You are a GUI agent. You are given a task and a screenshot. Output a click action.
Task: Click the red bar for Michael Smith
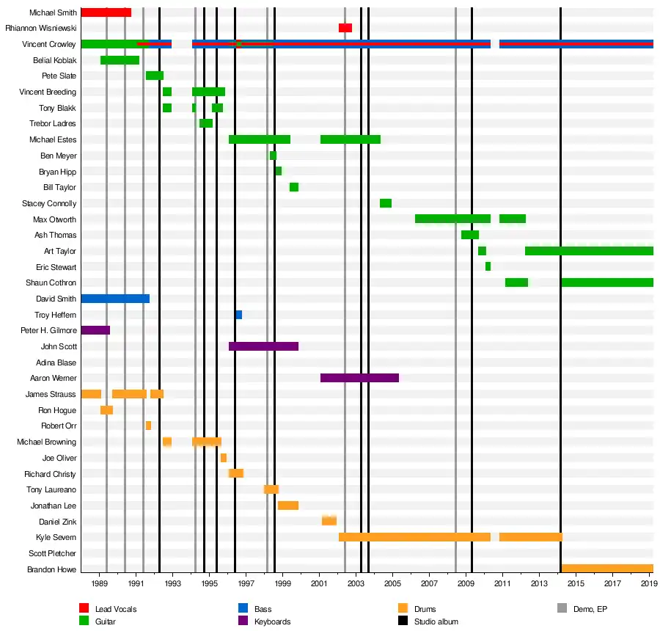106,12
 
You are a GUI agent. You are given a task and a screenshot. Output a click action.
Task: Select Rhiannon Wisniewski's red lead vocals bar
345,28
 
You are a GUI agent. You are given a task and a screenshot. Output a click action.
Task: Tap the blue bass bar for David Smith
115,299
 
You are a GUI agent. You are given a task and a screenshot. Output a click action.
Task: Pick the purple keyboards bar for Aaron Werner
359,378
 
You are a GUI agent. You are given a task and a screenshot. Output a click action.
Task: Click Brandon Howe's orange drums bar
607,569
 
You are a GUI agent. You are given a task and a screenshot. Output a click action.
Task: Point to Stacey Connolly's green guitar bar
386,203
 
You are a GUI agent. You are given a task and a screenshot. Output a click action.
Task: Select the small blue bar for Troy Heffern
239,315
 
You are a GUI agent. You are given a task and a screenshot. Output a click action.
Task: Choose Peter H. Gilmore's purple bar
95,330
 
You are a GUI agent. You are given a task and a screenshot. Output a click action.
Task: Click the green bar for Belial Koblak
120,60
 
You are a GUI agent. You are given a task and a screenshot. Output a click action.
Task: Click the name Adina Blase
56,362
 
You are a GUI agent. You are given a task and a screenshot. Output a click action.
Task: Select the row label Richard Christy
50,474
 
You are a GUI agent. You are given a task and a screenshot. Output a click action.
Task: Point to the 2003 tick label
356,584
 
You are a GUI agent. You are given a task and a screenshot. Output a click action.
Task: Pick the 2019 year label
648,584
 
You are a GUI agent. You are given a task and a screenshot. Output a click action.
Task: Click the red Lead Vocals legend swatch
84,608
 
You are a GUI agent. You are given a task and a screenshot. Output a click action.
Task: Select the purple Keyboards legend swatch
243,621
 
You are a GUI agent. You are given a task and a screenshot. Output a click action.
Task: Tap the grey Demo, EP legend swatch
562,608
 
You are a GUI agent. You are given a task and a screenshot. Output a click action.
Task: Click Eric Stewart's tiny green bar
488,266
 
